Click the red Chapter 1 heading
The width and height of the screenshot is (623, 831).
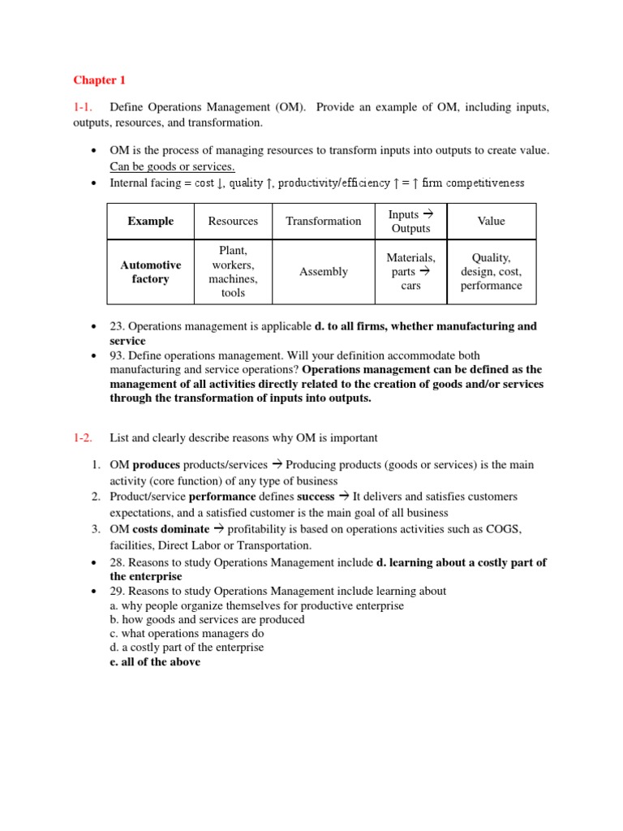(x=100, y=80)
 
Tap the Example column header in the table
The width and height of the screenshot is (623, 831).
(x=150, y=221)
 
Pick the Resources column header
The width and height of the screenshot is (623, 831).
(x=233, y=221)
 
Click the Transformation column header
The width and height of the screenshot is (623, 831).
(x=323, y=221)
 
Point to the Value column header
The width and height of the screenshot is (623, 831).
(x=491, y=221)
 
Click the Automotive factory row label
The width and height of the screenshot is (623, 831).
(x=150, y=272)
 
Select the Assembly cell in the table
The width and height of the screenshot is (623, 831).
(x=323, y=272)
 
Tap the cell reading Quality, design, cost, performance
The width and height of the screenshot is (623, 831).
(x=491, y=272)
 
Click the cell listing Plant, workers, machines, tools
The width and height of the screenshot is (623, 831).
(x=233, y=272)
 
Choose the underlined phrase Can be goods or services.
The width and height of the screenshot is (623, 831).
(x=172, y=167)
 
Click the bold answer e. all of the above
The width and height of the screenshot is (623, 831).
(x=155, y=662)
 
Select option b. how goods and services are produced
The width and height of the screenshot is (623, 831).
(x=207, y=620)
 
